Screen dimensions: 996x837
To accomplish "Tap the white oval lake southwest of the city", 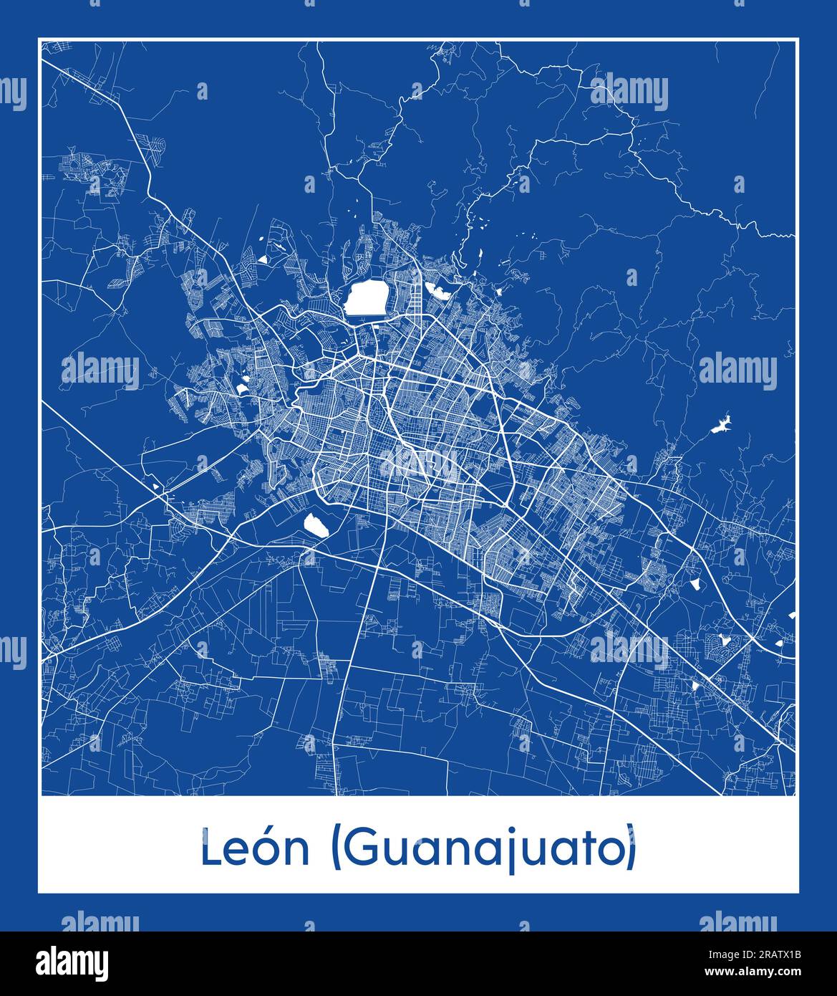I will point(315,525).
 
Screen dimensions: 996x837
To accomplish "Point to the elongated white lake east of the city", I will point(720,426).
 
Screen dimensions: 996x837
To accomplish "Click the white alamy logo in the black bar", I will point(73,962).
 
